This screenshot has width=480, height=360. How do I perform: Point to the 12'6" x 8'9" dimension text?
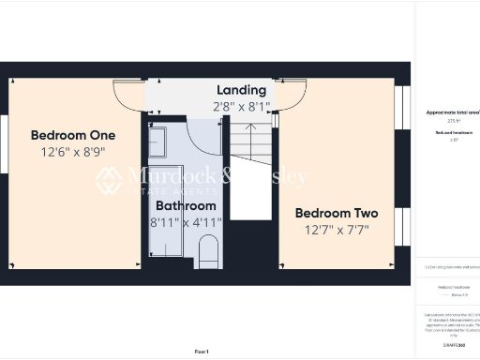click(72, 151)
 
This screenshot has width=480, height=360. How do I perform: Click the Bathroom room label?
click(186, 205)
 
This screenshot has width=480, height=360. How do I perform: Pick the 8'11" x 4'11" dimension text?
click(186, 222)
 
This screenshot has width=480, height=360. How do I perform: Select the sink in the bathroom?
click(157, 142)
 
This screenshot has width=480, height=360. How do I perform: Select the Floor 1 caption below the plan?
click(202, 351)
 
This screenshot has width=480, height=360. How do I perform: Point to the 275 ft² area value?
click(451, 122)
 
